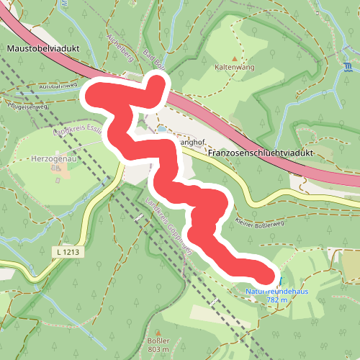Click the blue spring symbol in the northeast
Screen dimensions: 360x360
(x=348, y=68)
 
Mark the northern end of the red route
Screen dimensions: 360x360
(x=156, y=81)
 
